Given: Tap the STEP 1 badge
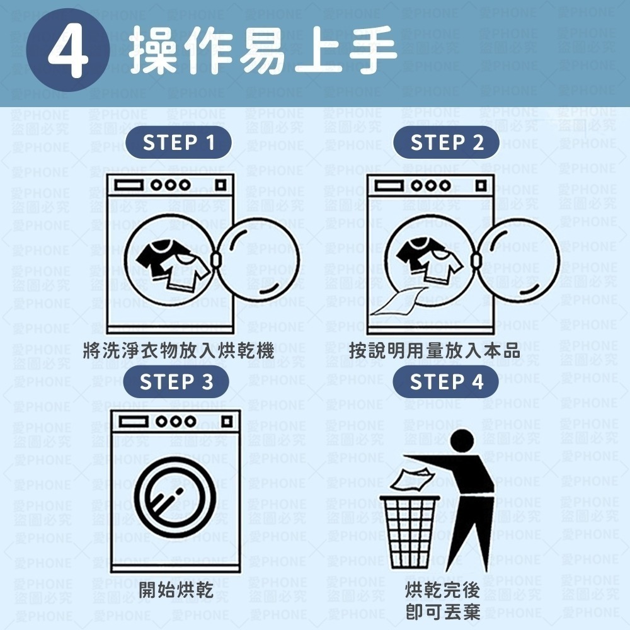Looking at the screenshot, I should coord(179,144).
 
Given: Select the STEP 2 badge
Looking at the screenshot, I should coord(447,144).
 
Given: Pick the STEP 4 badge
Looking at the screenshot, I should coord(446,382).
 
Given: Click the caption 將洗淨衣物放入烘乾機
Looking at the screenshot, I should coord(178,350).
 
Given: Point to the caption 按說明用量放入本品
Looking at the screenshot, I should coord(435,350).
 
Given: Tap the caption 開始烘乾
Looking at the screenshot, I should coord(176,590).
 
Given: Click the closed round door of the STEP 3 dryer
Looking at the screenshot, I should coord(175,491).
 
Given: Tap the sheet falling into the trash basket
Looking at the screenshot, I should coord(409,480).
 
